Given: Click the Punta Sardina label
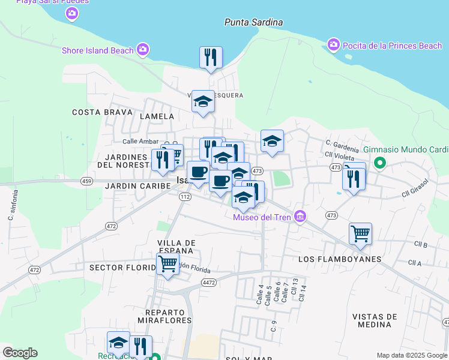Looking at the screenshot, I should pyautogui.click(x=253, y=22).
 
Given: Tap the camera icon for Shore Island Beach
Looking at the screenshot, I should pyautogui.click(x=143, y=50).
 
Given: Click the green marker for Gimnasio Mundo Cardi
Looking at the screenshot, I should pyautogui.click(x=379, y=162).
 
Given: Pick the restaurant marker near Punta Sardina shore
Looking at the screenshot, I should pyautogui.click(x=211, y=58).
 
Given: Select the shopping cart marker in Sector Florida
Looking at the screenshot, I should pyautogui.click(x=167, y=263).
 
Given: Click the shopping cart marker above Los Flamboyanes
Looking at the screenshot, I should pyautogui.click(x=360, y=233).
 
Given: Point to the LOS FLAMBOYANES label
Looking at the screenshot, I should pyautogui.click(x=340, y=259).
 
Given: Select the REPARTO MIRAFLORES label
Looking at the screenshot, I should pyautogui.click(x=168, y=316).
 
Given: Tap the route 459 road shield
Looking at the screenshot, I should pyautogui.click(x=87, y=181).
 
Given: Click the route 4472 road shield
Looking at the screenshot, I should pyautogui.click(x=209, y=282).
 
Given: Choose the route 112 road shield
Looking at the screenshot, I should pyautogui.click(x=184, y=197).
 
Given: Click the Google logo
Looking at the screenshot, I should pyautogui.click(x=20, y=353).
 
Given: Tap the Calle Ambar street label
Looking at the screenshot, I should pyautogui.click(x=140, y=141).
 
